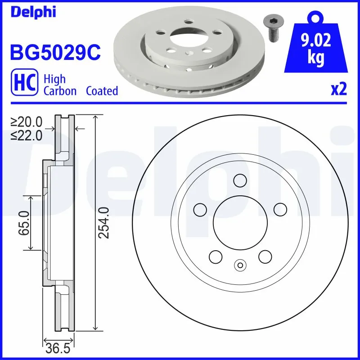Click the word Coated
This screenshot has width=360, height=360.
pyautogui.click(x=102, y=91)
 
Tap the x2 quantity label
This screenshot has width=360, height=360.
pyautogui.click(x=338, y=90)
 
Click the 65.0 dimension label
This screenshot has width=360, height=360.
pyautogui.click(x=24, y=223)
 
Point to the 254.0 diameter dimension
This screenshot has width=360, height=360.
pyautogui.click(x=104, y=223)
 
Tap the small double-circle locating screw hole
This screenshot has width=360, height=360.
pyautogui.click(x=239, y=265)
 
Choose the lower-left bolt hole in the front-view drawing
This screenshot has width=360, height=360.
pyautogui.click(x=216, y=256)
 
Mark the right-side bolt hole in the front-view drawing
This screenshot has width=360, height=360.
pyautogui.click(x=280, y=209)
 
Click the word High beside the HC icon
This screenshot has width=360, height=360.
pyautogui.click(x=54, y=79)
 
